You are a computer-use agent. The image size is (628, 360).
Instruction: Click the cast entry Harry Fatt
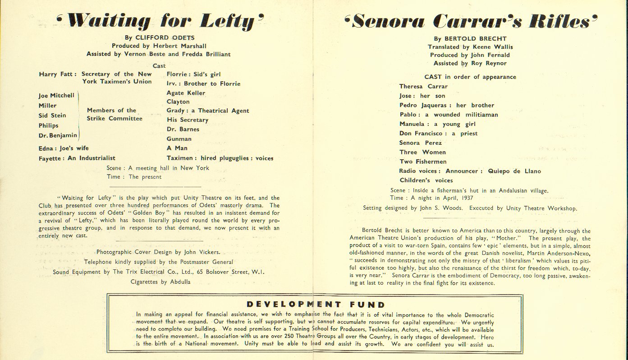(x=57, y=74)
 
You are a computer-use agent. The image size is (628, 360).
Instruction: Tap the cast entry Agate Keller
(x=186, y=93)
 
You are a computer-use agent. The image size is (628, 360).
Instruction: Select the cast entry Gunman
(x=179, y=138)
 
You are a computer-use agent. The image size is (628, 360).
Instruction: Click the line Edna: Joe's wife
(x=64, y=148)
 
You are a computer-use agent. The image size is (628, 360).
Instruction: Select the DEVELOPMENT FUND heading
(x=316, y=305)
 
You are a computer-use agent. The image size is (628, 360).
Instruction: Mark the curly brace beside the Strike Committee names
(x=79, y=115)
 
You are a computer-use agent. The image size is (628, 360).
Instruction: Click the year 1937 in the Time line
(x=465, y=198)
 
